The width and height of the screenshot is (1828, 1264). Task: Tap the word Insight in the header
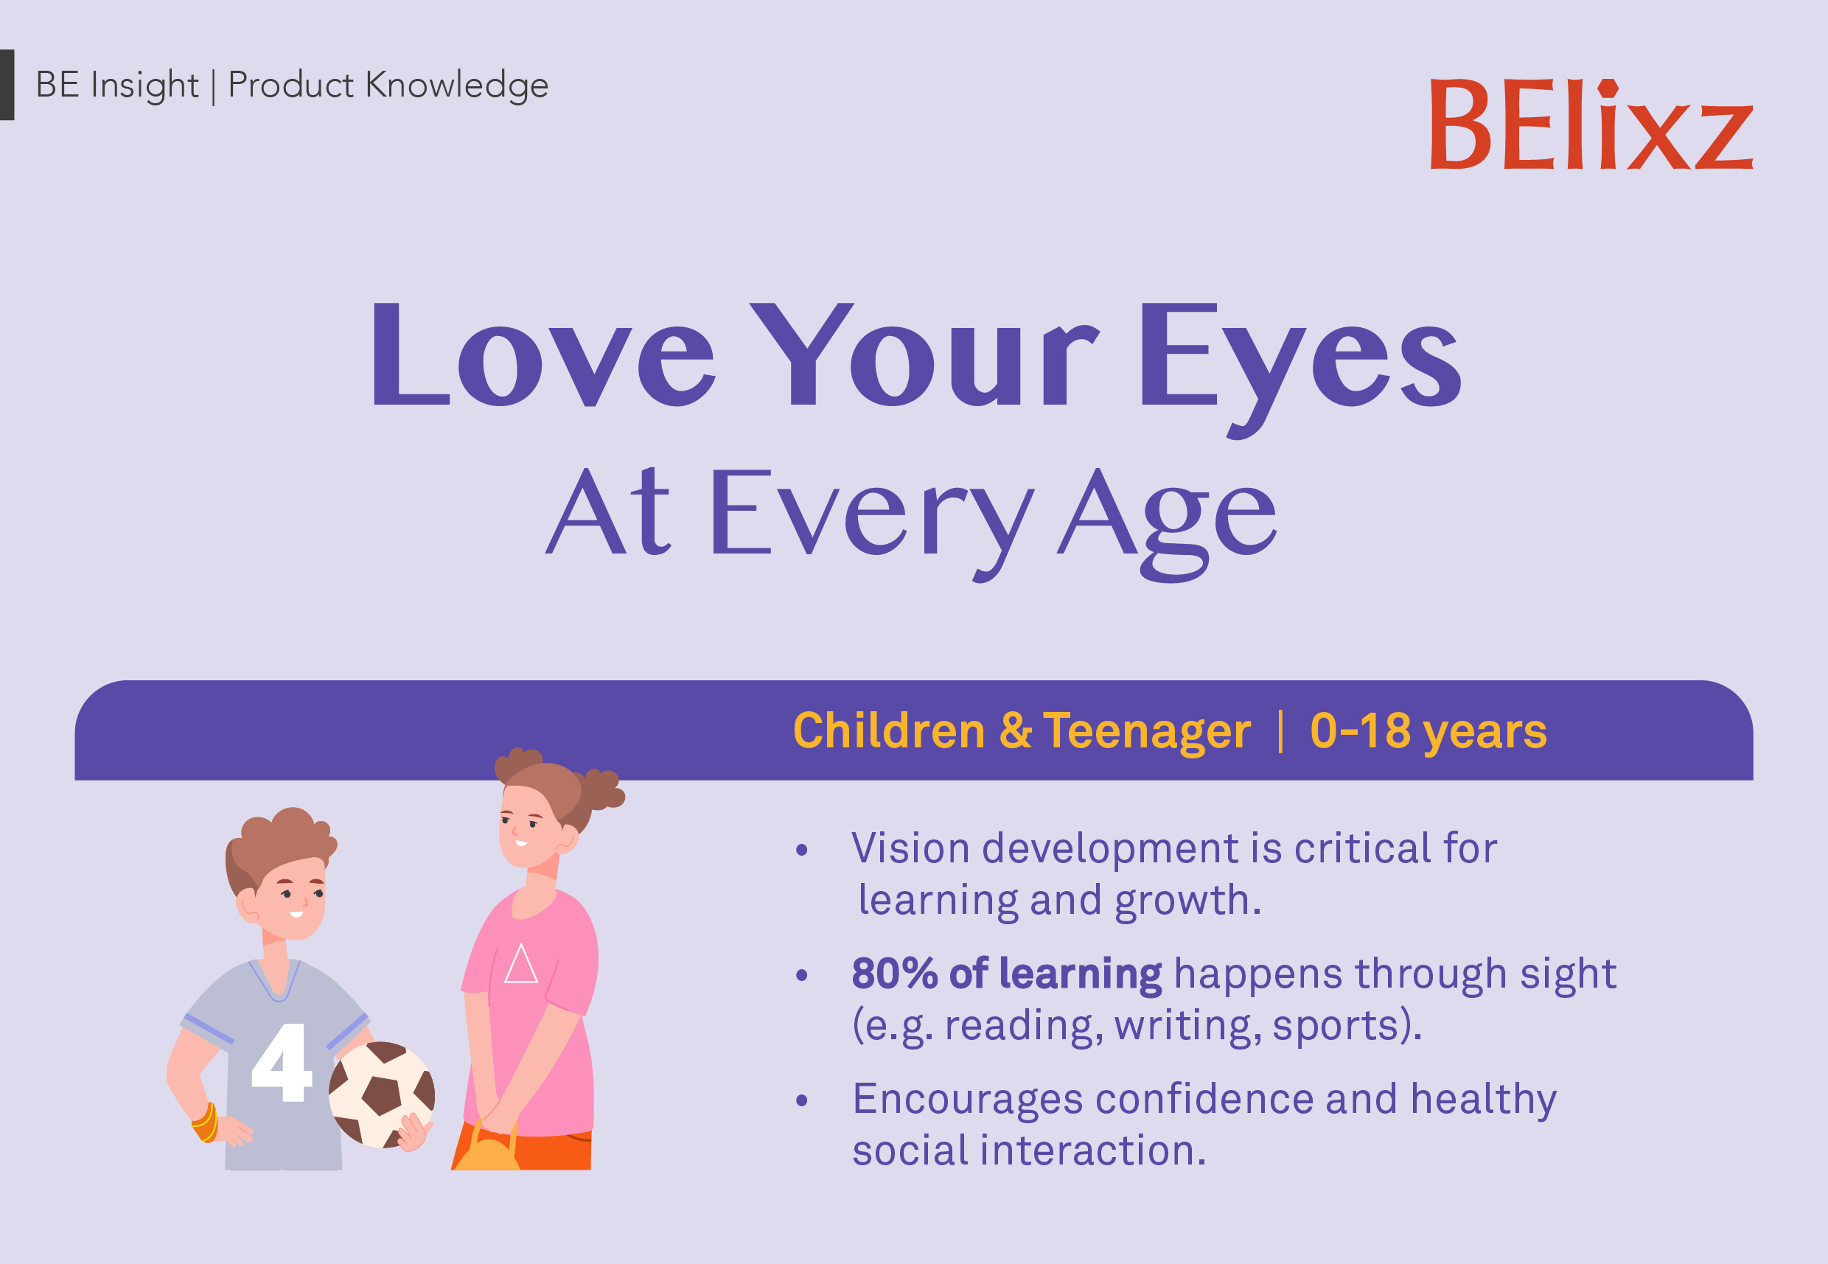(144, 85)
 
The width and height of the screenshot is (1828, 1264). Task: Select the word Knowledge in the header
(456, 85)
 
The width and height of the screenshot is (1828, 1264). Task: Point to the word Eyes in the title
(1299, 358)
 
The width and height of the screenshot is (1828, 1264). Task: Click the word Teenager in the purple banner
(1146, 730)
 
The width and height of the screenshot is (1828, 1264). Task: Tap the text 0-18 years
(1428, 730)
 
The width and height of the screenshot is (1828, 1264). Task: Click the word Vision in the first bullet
(910, 848)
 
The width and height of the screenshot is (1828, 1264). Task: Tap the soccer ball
(381, 1094)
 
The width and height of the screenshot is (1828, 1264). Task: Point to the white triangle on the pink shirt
(520, 964)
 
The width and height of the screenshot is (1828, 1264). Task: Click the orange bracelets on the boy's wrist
(205, 1122)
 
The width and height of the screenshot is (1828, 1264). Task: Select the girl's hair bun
(600, 787)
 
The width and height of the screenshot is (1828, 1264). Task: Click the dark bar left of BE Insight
(7, 85)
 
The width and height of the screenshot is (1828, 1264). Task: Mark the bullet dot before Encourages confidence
(801, 1100)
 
